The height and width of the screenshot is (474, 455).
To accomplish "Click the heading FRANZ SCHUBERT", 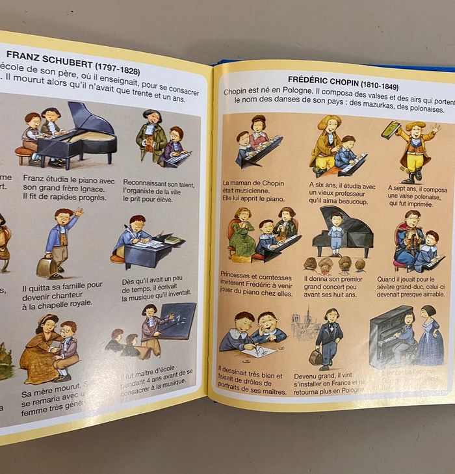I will point(49,57).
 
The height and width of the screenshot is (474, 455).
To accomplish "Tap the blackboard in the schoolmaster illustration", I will point(177,321).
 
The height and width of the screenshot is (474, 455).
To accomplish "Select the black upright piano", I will point(388,335).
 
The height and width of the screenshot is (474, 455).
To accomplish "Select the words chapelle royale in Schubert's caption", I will point(58,304).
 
